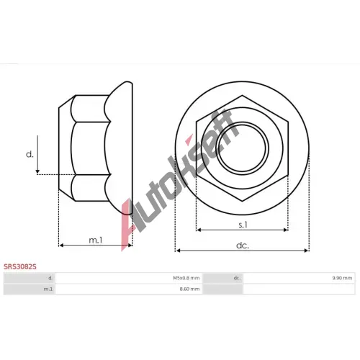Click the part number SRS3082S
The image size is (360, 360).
click(20, 266)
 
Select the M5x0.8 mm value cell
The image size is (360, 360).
click(186, 278)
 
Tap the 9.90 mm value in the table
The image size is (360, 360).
click(342, 278)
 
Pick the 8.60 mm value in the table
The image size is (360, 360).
click(189, 289)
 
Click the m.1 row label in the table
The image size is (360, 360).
click(48, 289)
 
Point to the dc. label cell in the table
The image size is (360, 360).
click(237, 278)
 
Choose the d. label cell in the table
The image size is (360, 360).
click(50, 278)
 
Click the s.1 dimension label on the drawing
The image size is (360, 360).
click(243, 225)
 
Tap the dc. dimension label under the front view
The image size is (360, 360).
click(243, 246)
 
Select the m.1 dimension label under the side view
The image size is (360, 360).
click(96, 240)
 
